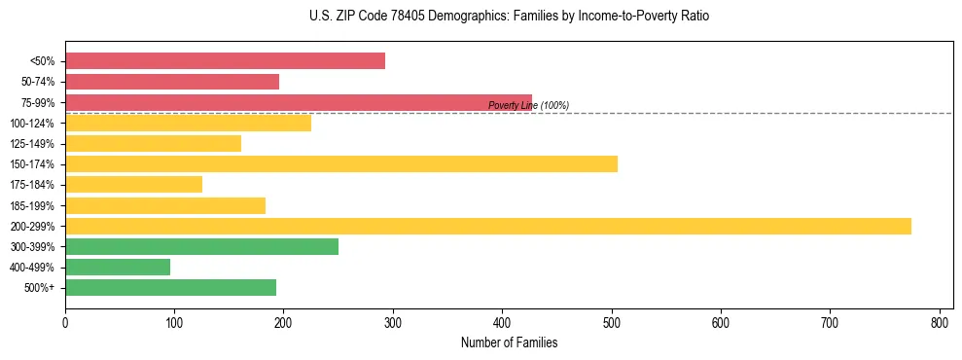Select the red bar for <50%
(225, 61)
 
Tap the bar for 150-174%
(341, 163)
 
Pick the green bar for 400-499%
(118, 267)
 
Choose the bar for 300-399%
(201, 246)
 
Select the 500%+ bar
(170, 287)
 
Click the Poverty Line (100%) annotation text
(528, 105)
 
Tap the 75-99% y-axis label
(38, 103)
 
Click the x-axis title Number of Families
(509, 342)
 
